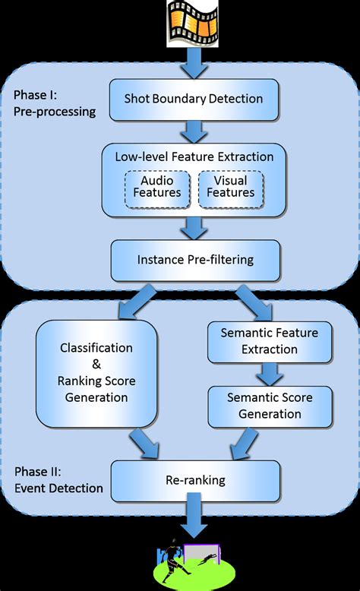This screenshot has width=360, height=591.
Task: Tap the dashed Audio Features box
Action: (x=157, y=187)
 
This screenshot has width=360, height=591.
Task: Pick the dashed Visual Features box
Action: (x=231, y=187)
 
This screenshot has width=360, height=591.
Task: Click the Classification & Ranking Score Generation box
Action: (x=96, y=372)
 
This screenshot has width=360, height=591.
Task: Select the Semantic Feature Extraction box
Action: (x=269, y=341)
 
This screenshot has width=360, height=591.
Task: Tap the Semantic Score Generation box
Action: (x=269, y=405)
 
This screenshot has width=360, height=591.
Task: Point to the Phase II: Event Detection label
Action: (x=58, y=480)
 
